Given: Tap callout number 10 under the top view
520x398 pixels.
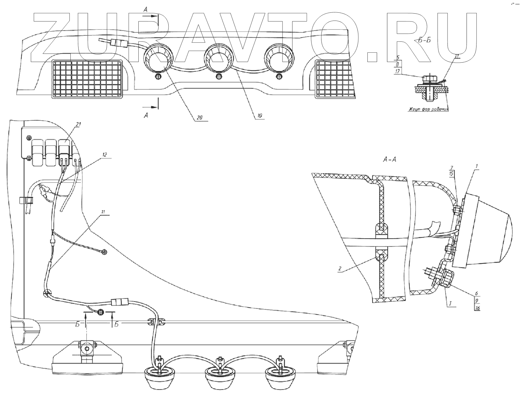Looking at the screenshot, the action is click(x=260, y=116).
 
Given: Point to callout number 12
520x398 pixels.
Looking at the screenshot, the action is click(x=104, y=155).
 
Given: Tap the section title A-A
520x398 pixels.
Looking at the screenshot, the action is click(x=389, y=160).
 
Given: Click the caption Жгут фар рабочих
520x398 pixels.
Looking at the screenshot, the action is click(x=427, y=109).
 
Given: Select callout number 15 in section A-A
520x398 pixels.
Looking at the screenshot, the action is click(x=451, y=174).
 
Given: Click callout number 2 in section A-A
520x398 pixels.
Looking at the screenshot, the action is click(x=340, y=268).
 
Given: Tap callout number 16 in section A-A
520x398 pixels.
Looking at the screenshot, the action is click(x=478, y=308).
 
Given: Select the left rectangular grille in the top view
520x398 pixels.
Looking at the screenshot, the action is click(x=88, y=79).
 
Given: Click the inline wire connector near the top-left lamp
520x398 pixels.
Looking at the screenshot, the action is click(x=119, y=43).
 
